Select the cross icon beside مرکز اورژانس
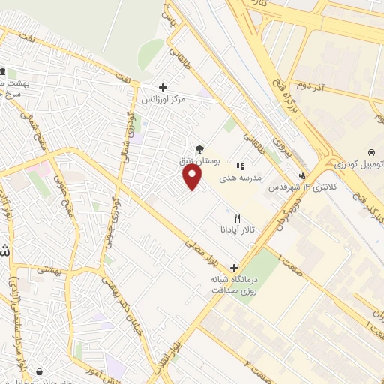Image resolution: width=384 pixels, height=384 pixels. click(x=163, y=87)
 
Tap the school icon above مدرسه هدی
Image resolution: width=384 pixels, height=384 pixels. click(x=240, y=167)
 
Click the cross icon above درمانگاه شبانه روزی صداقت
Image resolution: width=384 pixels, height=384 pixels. click(x=235, y=267)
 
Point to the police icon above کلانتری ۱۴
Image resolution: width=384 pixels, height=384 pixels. click(x=301, y=178)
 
